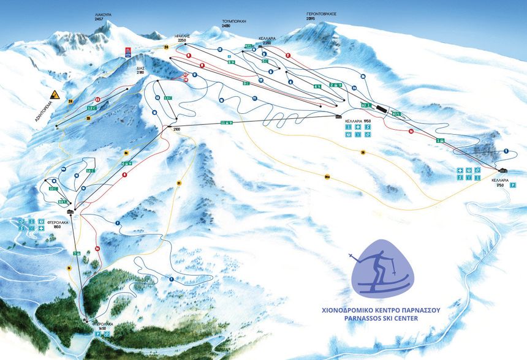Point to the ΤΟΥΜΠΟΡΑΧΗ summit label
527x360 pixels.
point(233,20)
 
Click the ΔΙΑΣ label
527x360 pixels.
point(140,68)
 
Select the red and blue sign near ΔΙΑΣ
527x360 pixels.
point(128,50)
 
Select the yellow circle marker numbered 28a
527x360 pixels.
point(327,177)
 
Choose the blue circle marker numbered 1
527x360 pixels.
point(507,151)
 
